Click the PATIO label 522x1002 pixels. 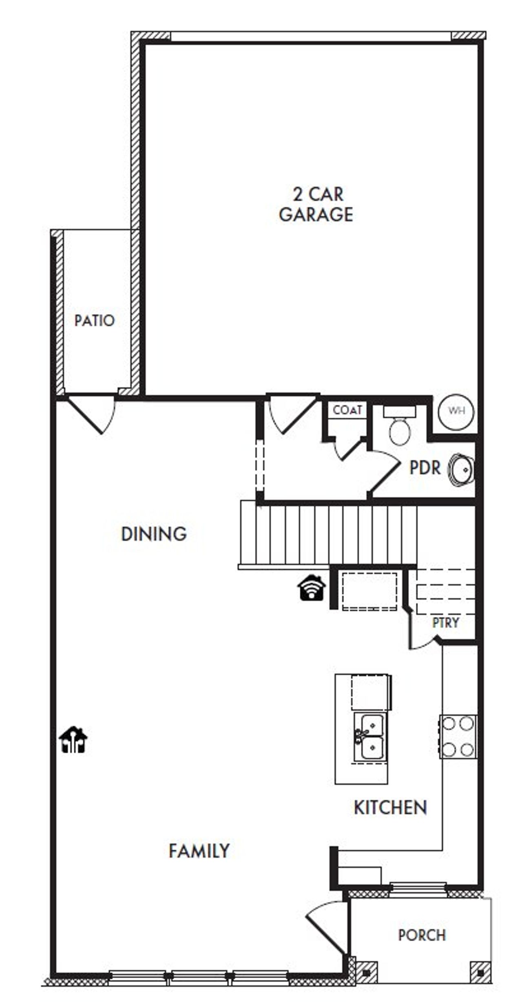(94, 321)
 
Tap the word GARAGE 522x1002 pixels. (316, 215)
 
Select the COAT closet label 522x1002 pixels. (347, 410)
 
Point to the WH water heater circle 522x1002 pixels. (456, 411)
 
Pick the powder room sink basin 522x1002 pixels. (461, 469)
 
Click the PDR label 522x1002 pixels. (425, 468)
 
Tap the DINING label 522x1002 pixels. (154, 534)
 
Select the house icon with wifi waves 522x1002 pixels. (312, 588)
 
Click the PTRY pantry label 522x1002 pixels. (446, 623)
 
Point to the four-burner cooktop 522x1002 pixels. (458, 737)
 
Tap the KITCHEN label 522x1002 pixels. (390, 808)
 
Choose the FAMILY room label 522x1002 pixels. (199, 851)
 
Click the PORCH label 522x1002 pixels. (422, 935)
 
